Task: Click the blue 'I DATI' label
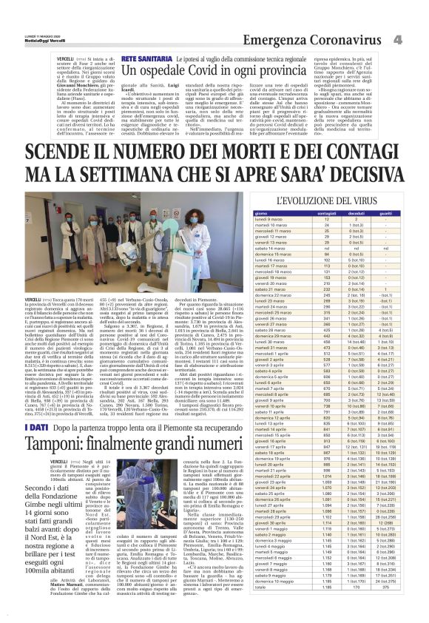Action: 38,428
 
